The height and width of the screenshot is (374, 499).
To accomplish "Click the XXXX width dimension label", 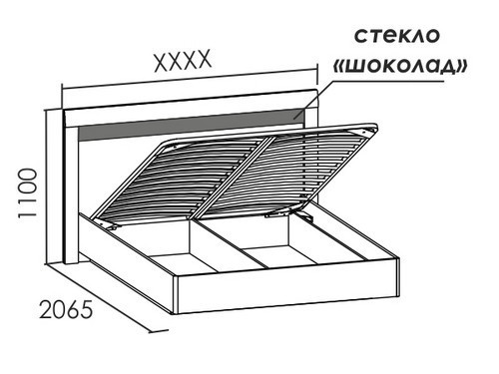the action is [x=183, y=63].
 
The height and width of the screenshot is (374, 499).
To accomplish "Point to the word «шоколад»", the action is [x=400, y=67].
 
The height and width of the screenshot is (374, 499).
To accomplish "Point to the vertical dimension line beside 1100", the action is [x=50, y=185].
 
